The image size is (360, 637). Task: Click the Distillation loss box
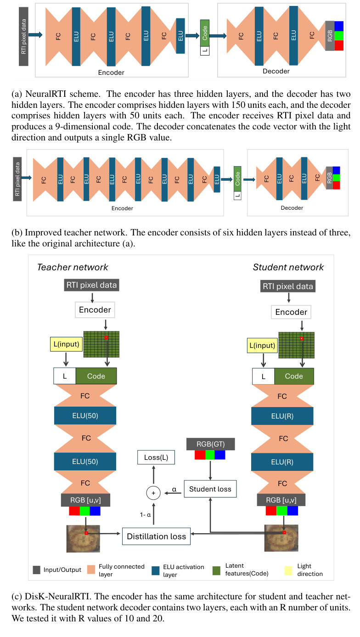(156, 536)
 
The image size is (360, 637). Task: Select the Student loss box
(210, 489)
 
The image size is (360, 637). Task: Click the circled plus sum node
(153, 493)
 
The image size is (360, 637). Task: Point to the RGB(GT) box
(210, 444)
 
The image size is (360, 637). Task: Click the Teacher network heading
(73, 267)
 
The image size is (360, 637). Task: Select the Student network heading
(288, 267)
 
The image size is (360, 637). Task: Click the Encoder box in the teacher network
(95, 310)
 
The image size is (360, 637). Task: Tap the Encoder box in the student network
(291, 312)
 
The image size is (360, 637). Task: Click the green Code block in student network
(294, 376)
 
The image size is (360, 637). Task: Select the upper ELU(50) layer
(85, 415)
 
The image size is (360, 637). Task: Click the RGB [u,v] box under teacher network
(85, 500)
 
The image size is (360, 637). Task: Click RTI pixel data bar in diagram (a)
(24, 36)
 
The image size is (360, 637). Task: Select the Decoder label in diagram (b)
(292, 208)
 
